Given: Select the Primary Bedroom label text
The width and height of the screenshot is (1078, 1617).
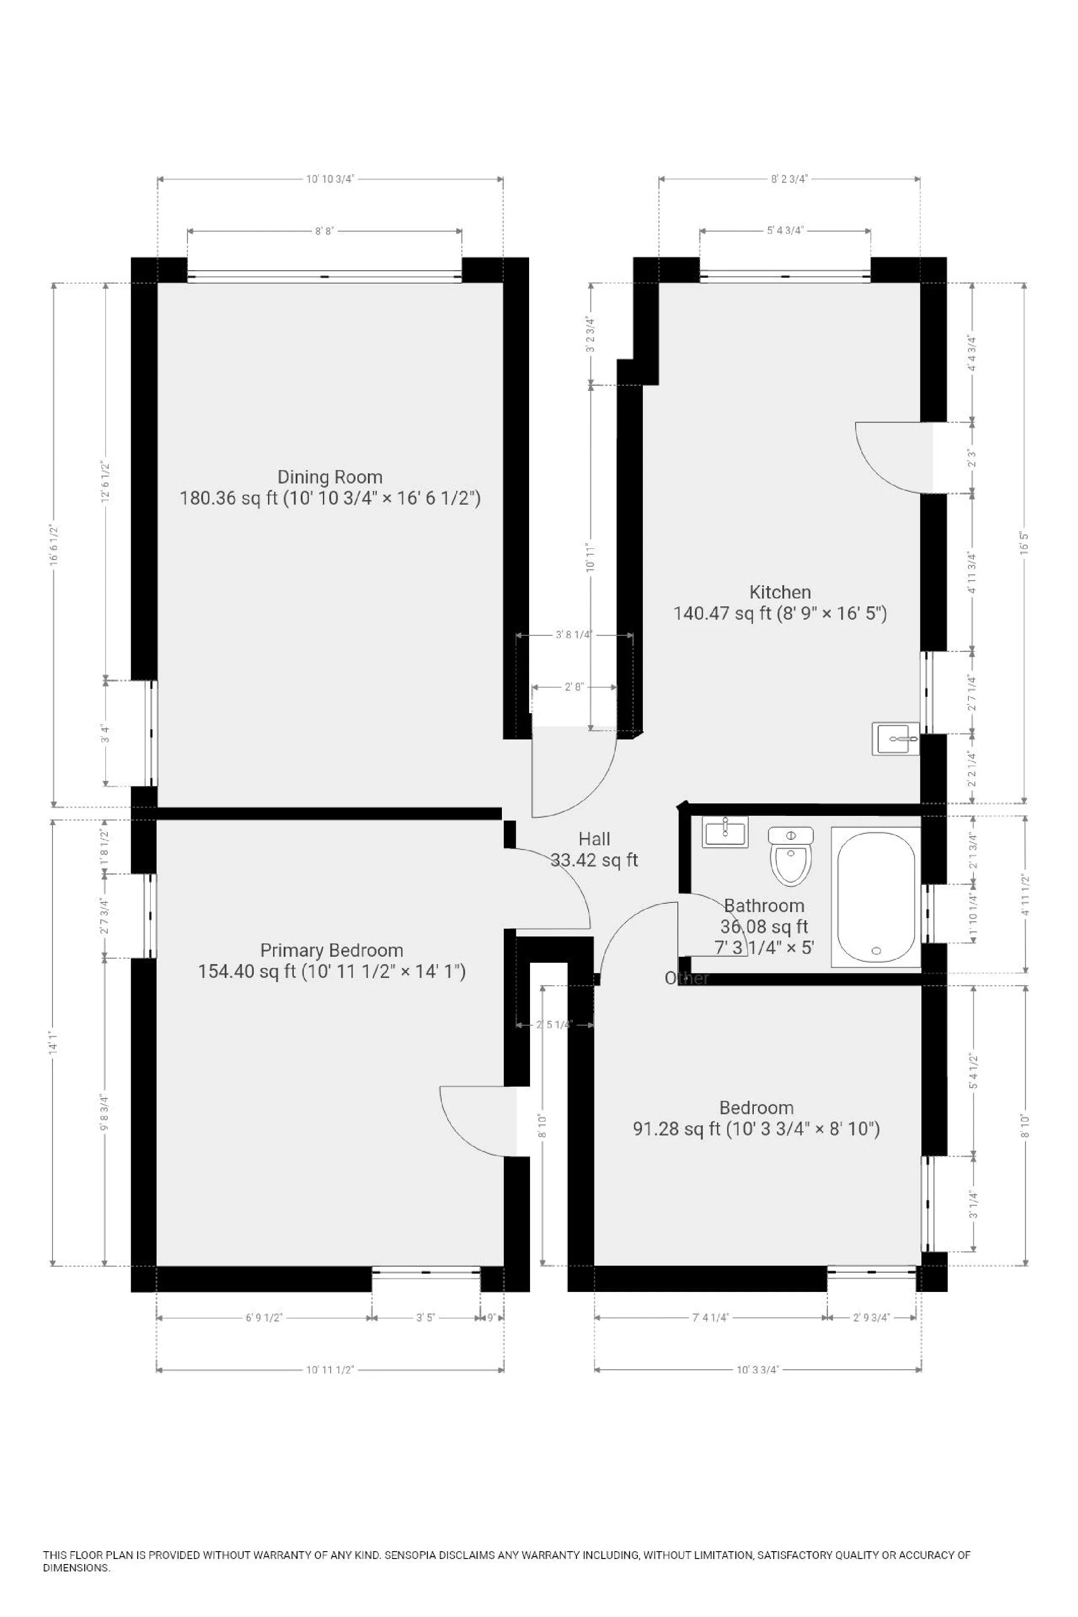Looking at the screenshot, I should click(x=332, y=950).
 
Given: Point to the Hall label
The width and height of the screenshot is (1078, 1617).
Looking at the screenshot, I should click(x=594, y=838).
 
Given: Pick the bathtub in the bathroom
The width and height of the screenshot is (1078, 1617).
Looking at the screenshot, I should click(x=876, y=897).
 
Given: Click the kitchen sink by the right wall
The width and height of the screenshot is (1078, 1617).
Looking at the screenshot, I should click(x=895, y=739).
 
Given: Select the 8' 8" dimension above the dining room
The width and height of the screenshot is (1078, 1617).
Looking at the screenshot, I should click(x=324, y=232).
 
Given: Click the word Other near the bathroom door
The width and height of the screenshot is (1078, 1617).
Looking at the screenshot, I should click(x=686, y=978).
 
